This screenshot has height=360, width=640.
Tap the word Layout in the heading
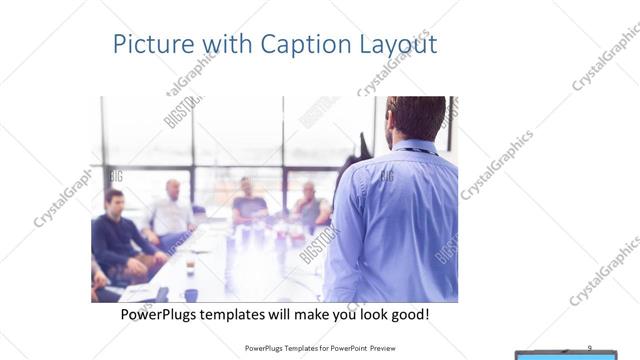[x=399, y=46]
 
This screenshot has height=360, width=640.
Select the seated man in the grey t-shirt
[x=249, y=204]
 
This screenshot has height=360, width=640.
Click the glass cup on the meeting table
[x=190, y=267]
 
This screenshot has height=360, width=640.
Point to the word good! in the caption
[x=410, y=315]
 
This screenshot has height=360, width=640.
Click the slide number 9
[x=589, y=347]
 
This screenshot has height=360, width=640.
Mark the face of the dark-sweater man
[x=115, y=200]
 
